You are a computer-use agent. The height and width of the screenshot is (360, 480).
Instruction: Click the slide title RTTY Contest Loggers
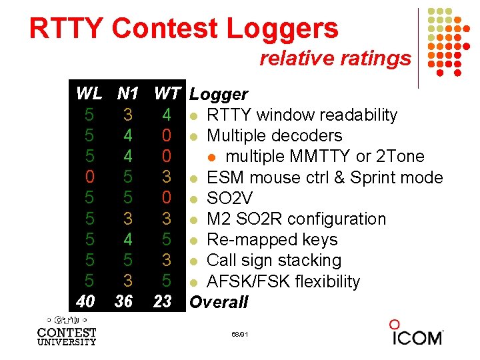(x=183, y=29)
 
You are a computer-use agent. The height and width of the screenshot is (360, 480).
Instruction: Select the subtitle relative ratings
(x=335, y=59)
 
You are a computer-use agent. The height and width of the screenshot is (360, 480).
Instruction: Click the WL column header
(x=89, y=94)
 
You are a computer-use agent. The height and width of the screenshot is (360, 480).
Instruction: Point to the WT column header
(x=167, y=94)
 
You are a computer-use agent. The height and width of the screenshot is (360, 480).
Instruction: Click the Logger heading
(x=219, y=95)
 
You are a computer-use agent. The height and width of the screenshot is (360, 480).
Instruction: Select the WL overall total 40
(x=86, y=301)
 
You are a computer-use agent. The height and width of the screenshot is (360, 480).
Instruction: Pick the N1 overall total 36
(x=123, y=301)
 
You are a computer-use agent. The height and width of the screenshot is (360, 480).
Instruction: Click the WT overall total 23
(x=163, y=301)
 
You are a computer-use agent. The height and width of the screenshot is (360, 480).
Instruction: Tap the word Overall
(x=219, y=302)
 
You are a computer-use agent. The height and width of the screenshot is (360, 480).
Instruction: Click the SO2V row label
(x=231, y=198)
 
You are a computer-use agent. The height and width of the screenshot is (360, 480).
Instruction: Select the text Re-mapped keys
(x=272, y=239)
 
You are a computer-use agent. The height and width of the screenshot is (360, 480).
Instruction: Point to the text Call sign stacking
(x=274, y=260)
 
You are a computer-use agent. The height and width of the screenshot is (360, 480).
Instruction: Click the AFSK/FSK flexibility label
(x=283, y=281)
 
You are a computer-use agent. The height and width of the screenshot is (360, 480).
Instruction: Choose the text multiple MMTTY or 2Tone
(x=325, y=156)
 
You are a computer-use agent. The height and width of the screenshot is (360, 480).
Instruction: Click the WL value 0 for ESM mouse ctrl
(x=89, y=177)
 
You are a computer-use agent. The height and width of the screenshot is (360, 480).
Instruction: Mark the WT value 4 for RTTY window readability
(x=167, y=115)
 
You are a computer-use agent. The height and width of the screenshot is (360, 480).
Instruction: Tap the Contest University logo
(x=67, y=331)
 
